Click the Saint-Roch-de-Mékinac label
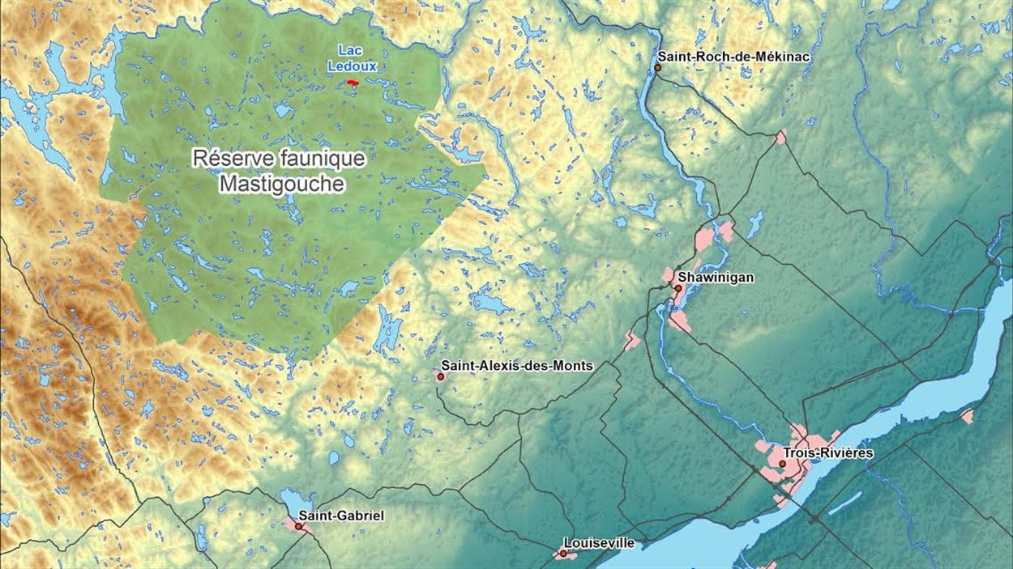pos(733,57)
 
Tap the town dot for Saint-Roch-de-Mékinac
pos(658,68)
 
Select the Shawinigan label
pos(716,278)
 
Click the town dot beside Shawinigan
pos(677,288)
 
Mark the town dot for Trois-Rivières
pos(782,464)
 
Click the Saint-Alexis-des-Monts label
pos(516,366)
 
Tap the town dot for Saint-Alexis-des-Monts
pos(440,376)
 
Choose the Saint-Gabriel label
pos(340,516)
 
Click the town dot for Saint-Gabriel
pos(299,526)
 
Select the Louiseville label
pos(601,542)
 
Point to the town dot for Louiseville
pos(562,554)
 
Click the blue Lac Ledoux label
pos(352,59)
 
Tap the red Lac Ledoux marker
pos(353,83)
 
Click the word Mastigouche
pos(281,185)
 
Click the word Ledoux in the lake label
pos(352,66)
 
